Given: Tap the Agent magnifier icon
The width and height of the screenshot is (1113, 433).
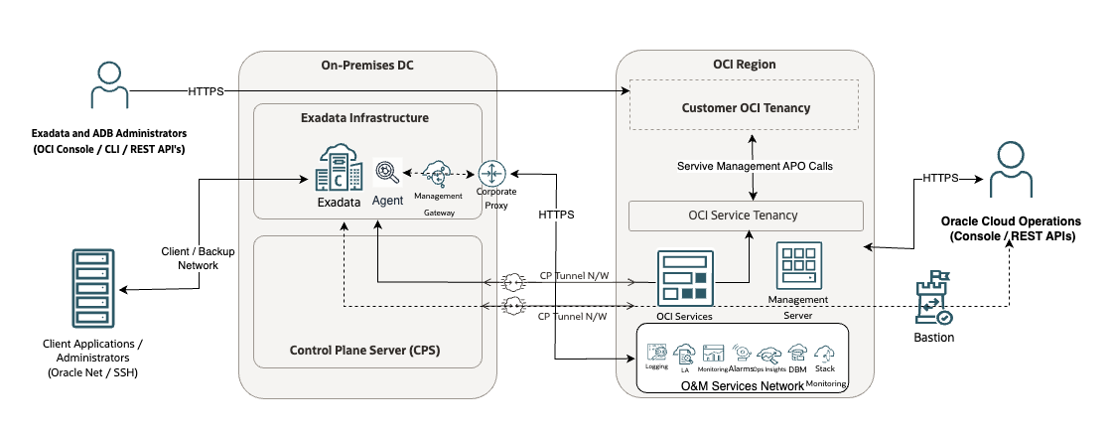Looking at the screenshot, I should click(x=387, y=174).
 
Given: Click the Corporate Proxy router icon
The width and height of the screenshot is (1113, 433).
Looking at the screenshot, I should click(x=492, y=172).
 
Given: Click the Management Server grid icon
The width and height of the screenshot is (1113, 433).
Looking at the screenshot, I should click(x=797, y=265).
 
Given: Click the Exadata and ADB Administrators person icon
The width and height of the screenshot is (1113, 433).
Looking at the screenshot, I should click(x=108, y=85).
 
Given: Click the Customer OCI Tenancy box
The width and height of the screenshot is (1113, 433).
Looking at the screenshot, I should click(x=746, y=108).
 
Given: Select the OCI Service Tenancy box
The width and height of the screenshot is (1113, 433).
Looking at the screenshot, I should click(x=745, y=216).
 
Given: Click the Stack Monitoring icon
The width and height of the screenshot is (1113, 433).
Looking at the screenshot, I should click(x=824, y=354).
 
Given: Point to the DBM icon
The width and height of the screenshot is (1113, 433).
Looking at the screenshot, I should click(x=797, y=353).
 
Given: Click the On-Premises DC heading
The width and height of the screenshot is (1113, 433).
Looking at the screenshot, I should click(x=367, y=66).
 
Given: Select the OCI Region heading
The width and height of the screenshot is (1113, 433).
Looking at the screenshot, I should click(x=745, y=65).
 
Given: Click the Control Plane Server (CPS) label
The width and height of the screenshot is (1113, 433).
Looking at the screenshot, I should click(x=364, y=350).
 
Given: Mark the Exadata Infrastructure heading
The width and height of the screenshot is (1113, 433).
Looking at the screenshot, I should click(x=364, y=117).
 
